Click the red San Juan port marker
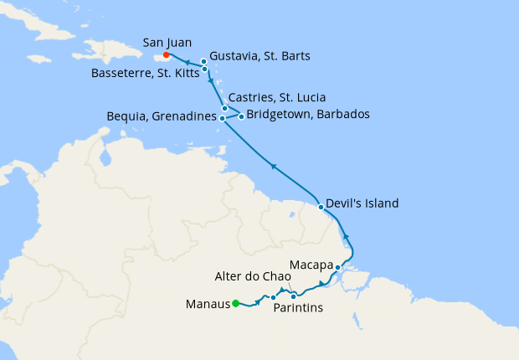pyautogui.click(x=167, y=56)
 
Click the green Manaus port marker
pyautogui.click(x=236, y=303)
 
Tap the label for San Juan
pyautogui.click(x=167, y=41)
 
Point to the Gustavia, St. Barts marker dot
pyautogui.click(x=204, y=62)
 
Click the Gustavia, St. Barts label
pyautogui.click(x=260, y=56)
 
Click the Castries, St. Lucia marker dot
pyautogui.click(x=224, y=108)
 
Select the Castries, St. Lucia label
pyautogui.click(x=277, y=97)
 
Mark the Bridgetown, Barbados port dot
pyautogui.click(x=241, y=116)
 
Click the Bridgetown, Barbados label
pyautogui.click(x=309, y=115)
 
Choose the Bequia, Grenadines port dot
pyautogui.click(x=222, y=118)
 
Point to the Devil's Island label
pyautogui.click(x=363, y=203)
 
